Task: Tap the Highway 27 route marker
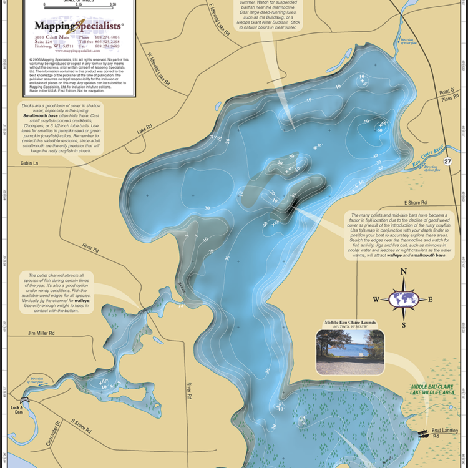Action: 447,162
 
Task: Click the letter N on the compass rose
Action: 404,271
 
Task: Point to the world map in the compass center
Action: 404,299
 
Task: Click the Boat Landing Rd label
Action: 446,434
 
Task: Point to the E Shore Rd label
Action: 415,203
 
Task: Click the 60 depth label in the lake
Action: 379,130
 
